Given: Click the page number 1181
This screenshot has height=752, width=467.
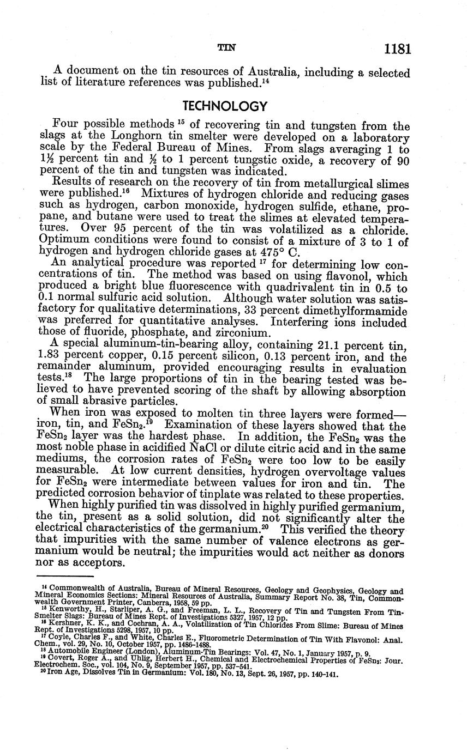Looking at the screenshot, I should [x=397, y=49].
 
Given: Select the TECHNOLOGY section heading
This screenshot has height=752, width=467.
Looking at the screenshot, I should [x=224, y=106].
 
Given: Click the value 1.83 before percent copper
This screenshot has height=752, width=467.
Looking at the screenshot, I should [x=52, y=357].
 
